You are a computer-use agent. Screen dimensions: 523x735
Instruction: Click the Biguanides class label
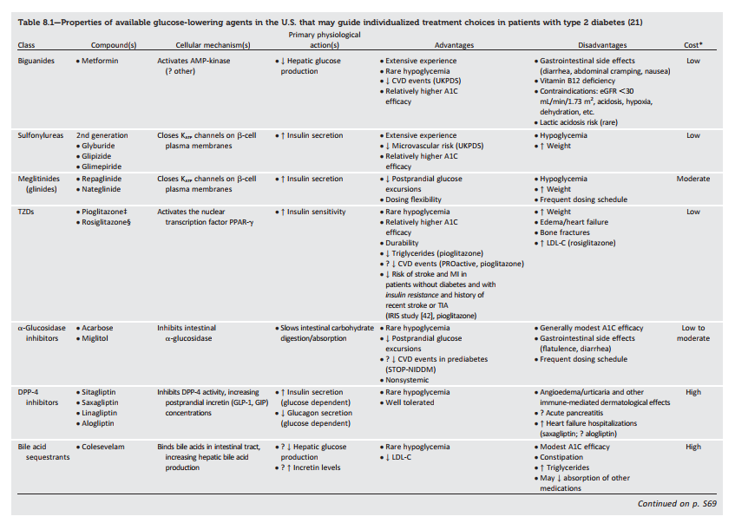click(36, 62)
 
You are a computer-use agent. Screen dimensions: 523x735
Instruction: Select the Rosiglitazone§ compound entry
click(107, 222)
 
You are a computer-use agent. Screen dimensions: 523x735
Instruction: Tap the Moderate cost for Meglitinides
click(693, 179)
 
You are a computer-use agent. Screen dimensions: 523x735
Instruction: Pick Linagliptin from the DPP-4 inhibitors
click(102, 413)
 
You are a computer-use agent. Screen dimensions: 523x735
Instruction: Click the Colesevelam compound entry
click(104, 448)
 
